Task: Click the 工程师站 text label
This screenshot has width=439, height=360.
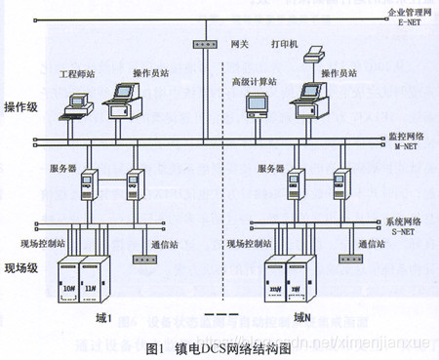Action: (x=79, y=74)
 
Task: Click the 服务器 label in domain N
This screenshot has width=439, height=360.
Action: (x=271, y=168)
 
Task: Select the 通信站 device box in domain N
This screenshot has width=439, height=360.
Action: (x=348, y=259)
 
